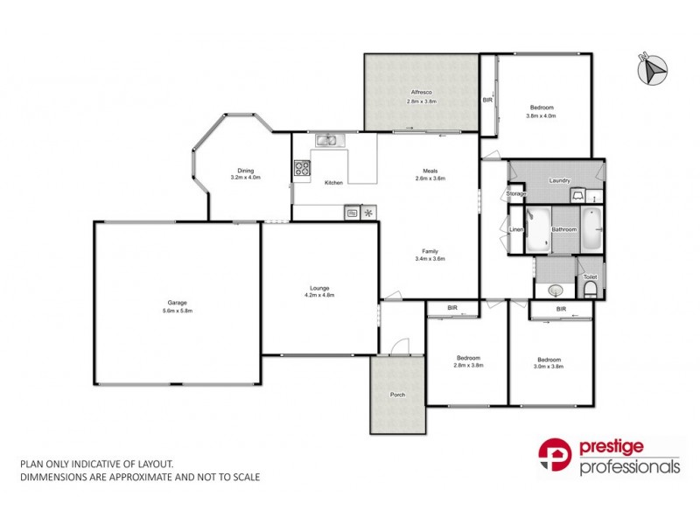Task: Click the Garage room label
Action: click(177, 304)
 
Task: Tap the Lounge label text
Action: click(318, 289)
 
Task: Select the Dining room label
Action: click(245, 171)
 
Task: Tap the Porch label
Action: click(397, 395)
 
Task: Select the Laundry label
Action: click(559, 181)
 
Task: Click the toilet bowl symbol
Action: click(590, 290)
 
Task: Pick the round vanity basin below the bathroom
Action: click(554, 290)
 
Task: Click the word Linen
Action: click(515, 230)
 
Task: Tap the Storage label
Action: click(516, 193)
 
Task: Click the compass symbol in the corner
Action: click(651, 68)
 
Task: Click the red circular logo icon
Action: click(556, 456)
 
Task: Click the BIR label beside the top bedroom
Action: click(487, 101)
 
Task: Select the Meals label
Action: click(430, 171)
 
